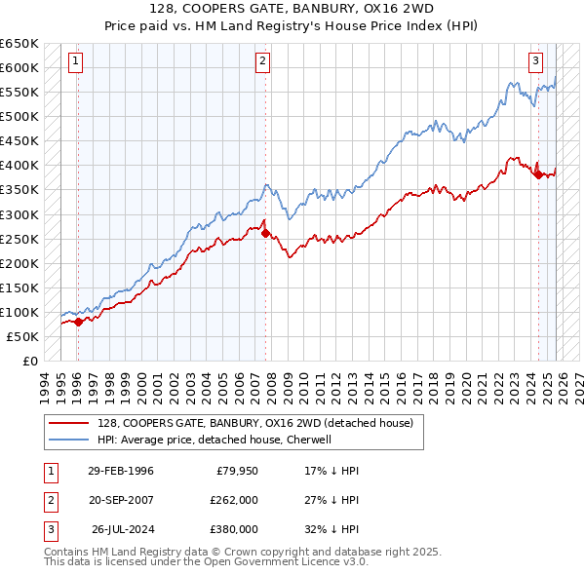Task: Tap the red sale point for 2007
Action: point(265,233)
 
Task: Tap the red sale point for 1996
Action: point(78,322)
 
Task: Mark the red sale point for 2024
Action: point(538,174)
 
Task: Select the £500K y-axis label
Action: point(19,116)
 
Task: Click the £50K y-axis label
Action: point(23,336)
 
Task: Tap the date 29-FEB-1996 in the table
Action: point(121,471)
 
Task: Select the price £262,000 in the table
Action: point(234,500)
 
